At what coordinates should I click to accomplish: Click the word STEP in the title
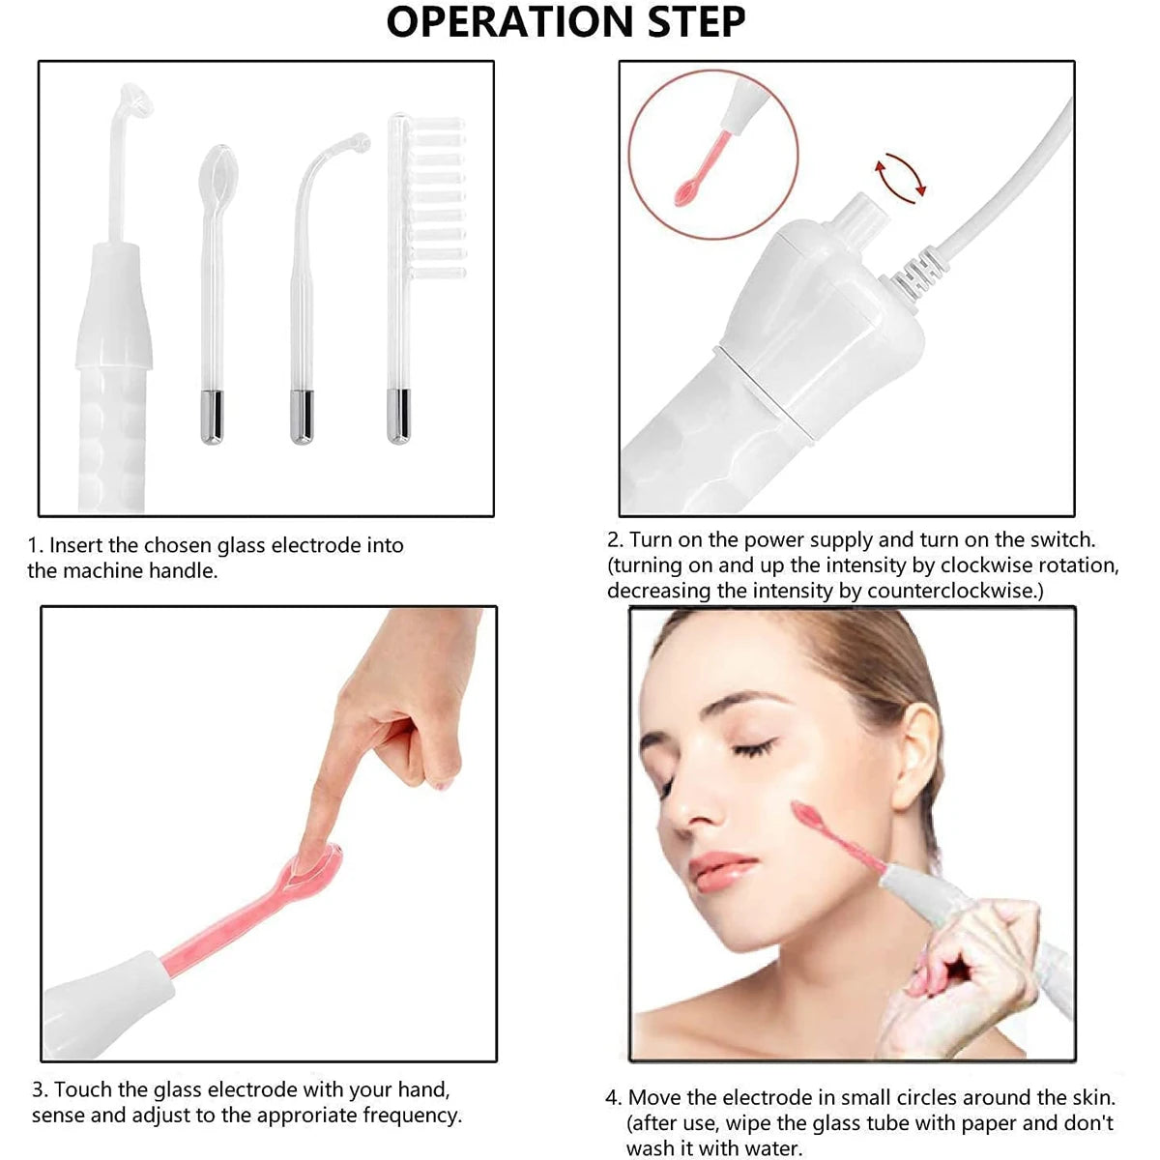tap(696, 22)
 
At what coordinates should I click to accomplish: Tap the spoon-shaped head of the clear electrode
tap(217, 171)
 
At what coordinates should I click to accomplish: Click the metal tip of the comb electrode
tap(398, 417)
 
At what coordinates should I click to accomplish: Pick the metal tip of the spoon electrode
tap(212, 417)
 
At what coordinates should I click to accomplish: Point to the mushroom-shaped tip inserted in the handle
tap(134, 100)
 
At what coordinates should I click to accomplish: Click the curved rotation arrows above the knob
tap(899, 175)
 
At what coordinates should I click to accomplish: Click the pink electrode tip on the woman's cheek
tap(806, 815)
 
